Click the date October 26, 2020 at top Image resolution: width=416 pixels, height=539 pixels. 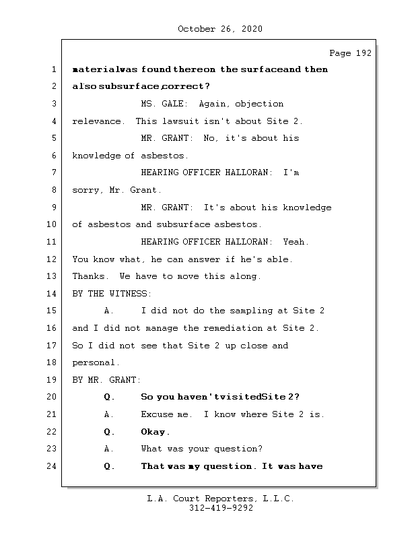pos(220,29)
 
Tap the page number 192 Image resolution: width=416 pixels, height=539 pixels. pos(363,53)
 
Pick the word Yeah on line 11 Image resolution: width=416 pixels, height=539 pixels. pos(296,242)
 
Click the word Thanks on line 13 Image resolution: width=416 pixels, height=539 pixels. pos(89,276)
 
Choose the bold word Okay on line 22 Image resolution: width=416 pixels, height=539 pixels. pos(155,432)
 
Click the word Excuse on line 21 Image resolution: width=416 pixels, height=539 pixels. pos(158,414)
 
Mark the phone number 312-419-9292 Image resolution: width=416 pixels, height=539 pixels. pos(221,509)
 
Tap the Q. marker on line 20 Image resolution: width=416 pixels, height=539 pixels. pos(110,397)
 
